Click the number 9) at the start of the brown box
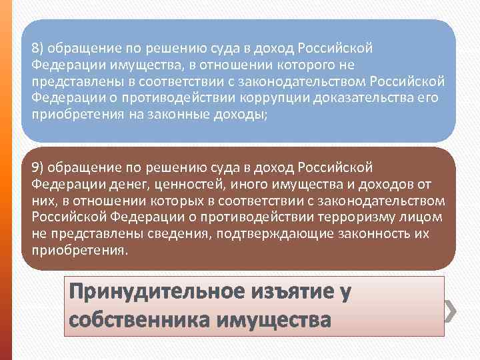click(x=37, y=167)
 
